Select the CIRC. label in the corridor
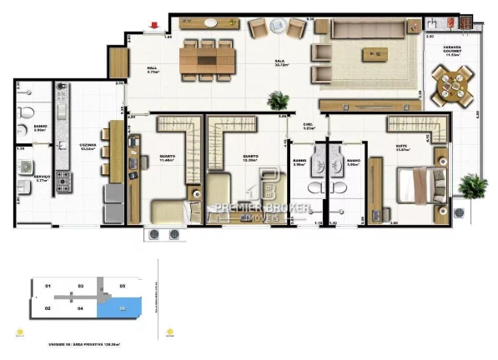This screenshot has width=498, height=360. pos(308,126)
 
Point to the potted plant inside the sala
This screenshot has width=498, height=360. pos(278,101)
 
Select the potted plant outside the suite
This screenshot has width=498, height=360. pos(473,185)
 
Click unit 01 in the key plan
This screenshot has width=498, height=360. pos(48,287)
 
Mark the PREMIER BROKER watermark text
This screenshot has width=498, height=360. pos(264,207)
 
